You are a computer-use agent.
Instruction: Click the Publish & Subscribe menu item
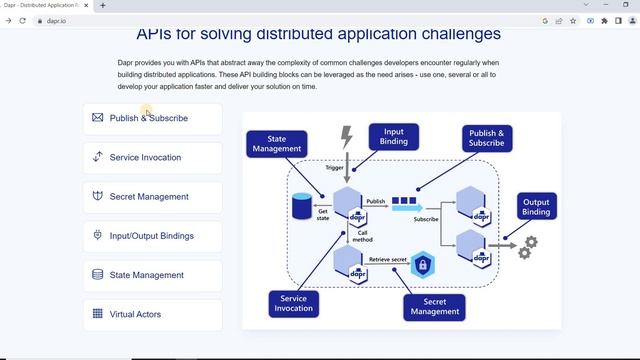[152, 118]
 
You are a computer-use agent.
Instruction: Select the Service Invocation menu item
[152, 157]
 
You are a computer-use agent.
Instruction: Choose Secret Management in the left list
[152, 197]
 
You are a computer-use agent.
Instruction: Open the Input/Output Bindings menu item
[152, 236]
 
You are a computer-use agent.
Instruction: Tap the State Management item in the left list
[152, 275]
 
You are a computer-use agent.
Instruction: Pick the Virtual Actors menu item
[152, 314]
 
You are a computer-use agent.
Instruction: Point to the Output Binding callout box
[536, 206]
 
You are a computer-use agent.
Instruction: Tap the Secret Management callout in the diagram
[435, 306]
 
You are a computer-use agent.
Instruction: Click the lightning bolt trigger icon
[347, 136]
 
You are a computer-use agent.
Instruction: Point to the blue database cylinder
[301, 206]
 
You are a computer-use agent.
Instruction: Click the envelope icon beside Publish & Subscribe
[97, 118]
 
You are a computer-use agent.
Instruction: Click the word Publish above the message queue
[375, 201]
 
